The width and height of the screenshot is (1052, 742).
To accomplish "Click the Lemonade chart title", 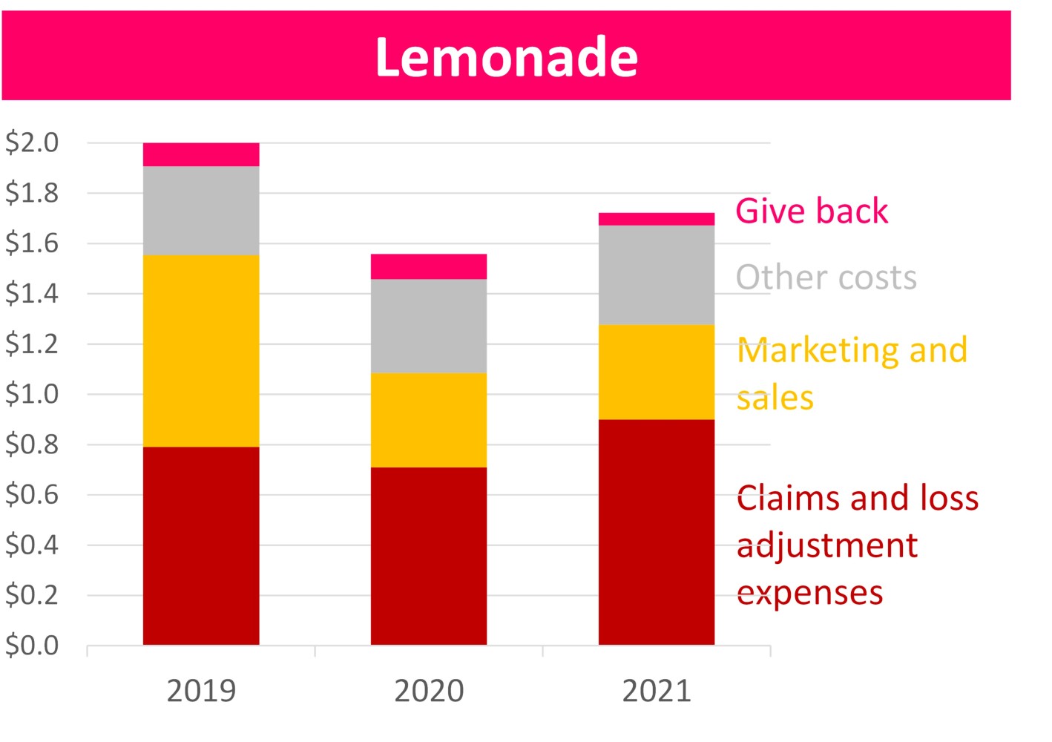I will point(506,57).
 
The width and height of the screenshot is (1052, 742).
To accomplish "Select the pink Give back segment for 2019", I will point(201,154).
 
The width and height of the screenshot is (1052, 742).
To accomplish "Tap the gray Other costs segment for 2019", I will point(201,211).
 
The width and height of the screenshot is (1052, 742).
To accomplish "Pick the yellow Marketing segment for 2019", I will point(201,351).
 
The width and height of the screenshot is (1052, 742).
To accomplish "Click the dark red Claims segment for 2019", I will point(201,545).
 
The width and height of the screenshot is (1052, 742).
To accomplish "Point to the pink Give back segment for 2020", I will point(429,266).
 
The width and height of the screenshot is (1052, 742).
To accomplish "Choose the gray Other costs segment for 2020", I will point(429,326).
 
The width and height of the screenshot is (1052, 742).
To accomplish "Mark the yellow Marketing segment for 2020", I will point(429,420).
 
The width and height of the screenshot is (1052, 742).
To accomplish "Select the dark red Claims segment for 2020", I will point(429,556).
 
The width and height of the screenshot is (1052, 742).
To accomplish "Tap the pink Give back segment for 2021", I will point(657,219).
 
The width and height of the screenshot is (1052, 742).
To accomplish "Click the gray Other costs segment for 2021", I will point(657,275).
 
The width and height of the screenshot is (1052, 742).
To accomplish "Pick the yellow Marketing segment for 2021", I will point(657,372).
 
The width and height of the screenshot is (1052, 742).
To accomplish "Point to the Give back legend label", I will point(812,211).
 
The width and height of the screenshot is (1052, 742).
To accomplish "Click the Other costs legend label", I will point(826,278).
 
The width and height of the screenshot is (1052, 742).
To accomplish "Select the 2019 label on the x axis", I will point(201,691).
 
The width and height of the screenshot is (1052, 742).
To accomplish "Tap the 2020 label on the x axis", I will point(429,691).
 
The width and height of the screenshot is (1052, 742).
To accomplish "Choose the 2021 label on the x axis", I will point(657,691).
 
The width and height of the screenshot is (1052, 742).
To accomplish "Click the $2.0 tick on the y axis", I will point(32,142).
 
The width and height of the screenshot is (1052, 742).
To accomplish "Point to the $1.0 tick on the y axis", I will point(32,393).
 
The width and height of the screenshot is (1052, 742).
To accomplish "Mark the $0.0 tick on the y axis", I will point(32,646).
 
